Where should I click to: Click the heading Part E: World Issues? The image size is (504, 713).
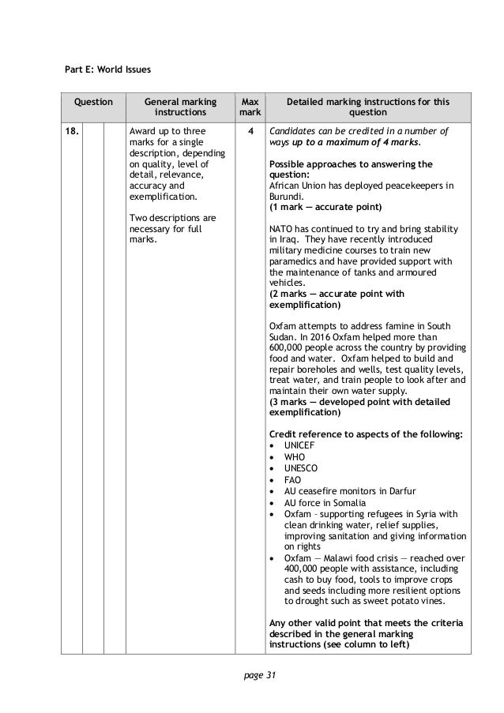(x=107, y=69)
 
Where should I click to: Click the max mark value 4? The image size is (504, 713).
(x=250, y=130)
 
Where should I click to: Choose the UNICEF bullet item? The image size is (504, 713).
(x=299, y=445)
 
